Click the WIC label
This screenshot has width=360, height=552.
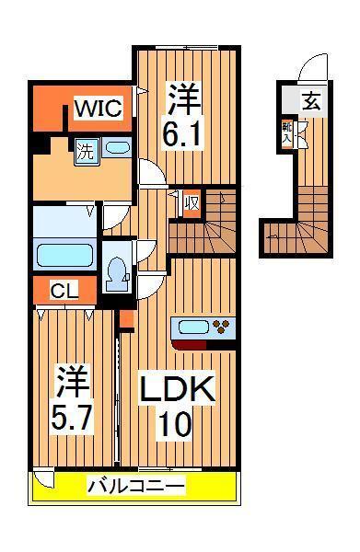coord(98,109)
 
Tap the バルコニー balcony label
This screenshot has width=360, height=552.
coord(137,485)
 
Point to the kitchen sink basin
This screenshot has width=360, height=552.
coord(193,326)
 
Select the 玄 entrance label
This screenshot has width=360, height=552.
coord(312,100)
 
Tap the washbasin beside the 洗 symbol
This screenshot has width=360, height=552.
coord(116,147)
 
